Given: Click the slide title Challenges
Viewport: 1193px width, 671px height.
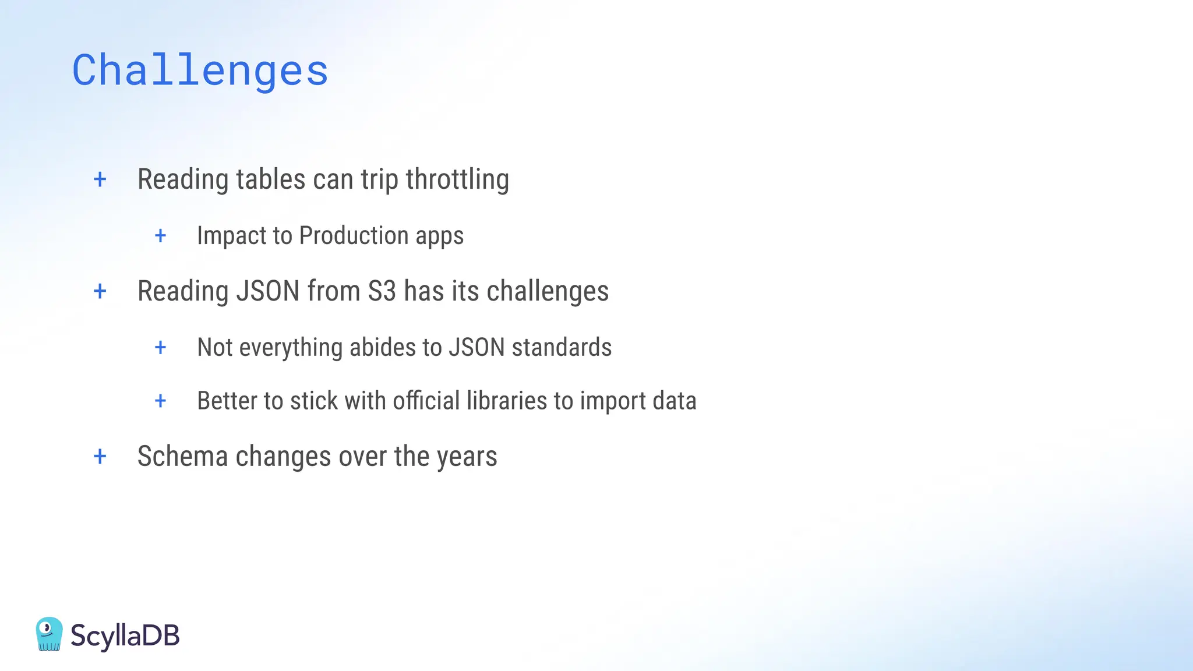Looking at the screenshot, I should pyautogui.click(x=200, y=71).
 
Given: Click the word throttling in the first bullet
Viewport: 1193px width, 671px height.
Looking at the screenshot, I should pyautogui.click(x=457, y=179).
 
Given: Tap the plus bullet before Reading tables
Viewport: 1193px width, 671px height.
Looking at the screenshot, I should pyautogui.click(x=100, y=179).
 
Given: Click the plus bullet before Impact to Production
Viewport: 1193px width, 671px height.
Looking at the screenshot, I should pyautogui.click(x=161, y=236).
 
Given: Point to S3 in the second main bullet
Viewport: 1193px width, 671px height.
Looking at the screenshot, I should pyautogui.click(x=382, y=291).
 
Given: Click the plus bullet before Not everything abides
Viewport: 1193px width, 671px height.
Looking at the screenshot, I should pyautogui.click(x=161, y=348).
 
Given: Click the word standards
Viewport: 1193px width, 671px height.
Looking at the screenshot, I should pyautogui.click(x=562, y=348).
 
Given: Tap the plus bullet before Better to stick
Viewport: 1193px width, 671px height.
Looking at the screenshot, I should pyautogui.click(x=161, y=401).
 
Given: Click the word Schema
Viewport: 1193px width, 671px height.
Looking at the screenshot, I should pyautogui.click(x=182, y=457).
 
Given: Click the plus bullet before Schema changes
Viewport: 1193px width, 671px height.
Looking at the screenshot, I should pyautogui.click(x=100, y=457).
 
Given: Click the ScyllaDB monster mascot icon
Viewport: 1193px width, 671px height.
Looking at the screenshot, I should pyautogui.click(x=49, y=634).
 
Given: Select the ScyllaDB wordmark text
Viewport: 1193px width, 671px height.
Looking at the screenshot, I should pyautogui.click(x=125, y=635).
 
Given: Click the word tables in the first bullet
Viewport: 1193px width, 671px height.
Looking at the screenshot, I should pyautogui.click(x=271, y=179).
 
